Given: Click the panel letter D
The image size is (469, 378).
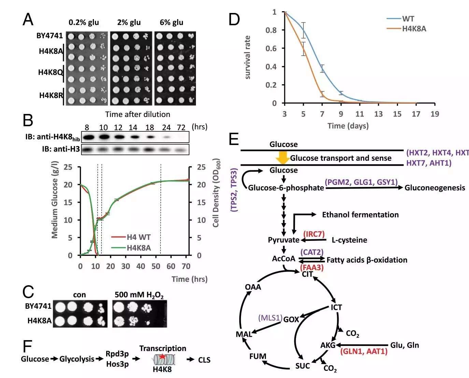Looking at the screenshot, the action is click(234, 19).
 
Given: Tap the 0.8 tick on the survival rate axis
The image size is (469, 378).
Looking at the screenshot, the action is click(271, 30).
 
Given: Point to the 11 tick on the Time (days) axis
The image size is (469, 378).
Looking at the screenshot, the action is click(359, 114).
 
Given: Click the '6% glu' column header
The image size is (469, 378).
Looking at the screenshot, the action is click(171, 23).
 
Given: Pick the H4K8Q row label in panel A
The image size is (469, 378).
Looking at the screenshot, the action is click(50, 72).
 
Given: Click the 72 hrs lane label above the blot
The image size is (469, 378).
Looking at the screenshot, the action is click(181, 127).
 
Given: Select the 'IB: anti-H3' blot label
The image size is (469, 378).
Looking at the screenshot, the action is click(61, 149).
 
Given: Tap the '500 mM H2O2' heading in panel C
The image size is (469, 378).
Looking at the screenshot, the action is click(139, 295).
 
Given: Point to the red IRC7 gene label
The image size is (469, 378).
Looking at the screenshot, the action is click(314, 234).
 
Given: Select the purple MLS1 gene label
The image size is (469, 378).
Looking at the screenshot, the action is click(270, 318).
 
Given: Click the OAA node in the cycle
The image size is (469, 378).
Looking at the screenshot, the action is click(253, 287).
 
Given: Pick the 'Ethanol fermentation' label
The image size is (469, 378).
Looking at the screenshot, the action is click(360, 215).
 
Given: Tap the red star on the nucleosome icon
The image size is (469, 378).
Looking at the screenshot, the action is click(162, 357).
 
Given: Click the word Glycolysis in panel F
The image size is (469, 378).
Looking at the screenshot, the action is click(77, 359).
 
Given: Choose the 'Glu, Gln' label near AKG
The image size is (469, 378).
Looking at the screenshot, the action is click(404, 345).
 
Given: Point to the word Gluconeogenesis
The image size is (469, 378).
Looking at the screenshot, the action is click(435, 188).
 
